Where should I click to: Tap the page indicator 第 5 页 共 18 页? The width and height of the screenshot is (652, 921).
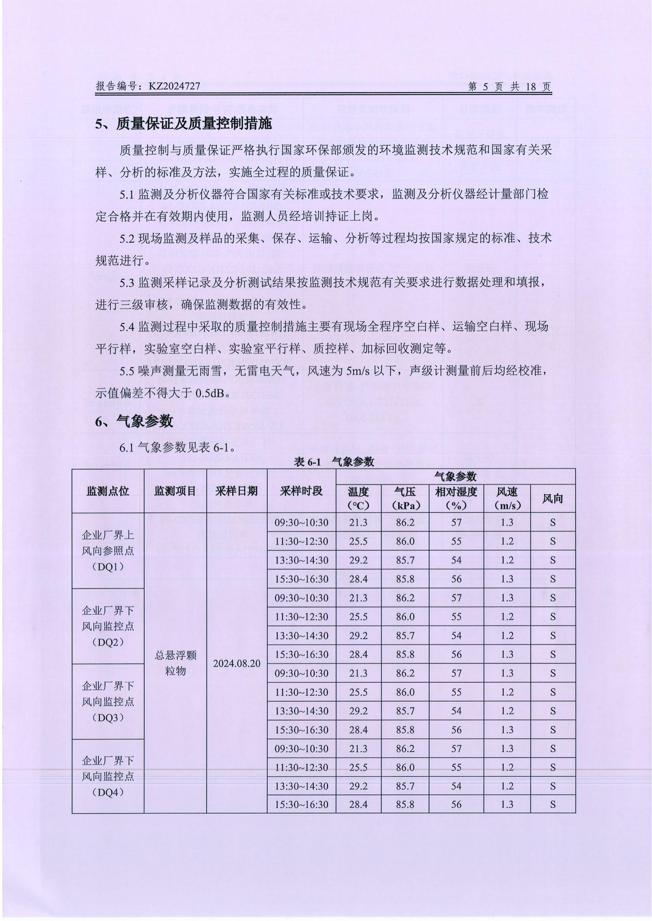click(510, 87)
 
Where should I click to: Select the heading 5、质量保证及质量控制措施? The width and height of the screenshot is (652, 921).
click(183, 124)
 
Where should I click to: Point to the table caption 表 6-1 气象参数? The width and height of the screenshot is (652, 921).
click(334, 462)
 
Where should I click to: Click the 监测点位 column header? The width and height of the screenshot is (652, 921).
click(108, 491)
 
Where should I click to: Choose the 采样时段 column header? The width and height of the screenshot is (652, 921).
click(301, 491)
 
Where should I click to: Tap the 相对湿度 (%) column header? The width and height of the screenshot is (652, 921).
click(456, 498)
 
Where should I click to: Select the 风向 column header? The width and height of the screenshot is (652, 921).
click(552, 498)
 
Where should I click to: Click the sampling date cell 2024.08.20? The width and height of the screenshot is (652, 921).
click(237, 663)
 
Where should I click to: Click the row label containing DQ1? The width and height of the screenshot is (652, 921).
click(108, 551)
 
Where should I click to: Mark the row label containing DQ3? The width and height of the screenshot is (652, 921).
click(108, 702)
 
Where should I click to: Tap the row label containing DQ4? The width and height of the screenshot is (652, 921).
click(108, 776)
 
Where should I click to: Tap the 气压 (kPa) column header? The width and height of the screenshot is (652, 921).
click(406, 498)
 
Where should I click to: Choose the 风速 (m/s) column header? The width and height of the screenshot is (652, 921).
click(507, 498)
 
